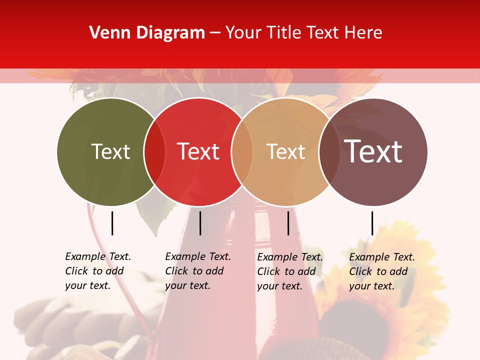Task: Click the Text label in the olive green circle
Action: (x=110, y=151)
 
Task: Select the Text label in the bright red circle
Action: (x=198, y=151)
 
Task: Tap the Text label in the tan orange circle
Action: (x=285, y=151)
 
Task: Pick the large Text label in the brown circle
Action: (x=373, y=151)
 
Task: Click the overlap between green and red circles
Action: (x=154, y=151)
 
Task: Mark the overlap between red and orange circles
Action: (x=242, y=151)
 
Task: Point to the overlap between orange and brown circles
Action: (x=329, y=151)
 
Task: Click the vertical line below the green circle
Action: (x=112, y=223)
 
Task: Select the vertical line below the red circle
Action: (x=200, y=223)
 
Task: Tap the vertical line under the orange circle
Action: (x=288, y=223)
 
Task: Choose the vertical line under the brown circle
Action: (x=372, y=223)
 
